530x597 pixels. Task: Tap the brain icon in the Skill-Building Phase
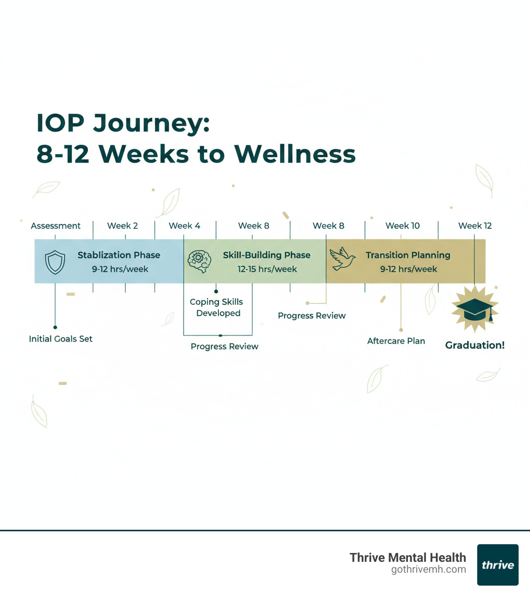pos(199,261)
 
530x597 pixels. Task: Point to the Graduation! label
pos(475,345)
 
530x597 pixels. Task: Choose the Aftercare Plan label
pos(396,341)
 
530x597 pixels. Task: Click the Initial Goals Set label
pos(61,339)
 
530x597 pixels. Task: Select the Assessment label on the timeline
pos(55,226)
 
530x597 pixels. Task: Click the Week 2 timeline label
pos(123,226)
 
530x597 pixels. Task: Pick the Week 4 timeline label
pos(184,226)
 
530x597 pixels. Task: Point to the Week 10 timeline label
pos(403,226)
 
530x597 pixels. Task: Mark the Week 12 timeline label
pos(475,226)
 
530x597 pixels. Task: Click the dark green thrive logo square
pos(497,564)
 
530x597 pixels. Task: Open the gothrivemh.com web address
pos(429,570)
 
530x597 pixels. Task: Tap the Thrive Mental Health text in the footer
pos(408,557)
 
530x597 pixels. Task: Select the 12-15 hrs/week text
pos(267,269)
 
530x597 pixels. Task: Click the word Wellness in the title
pos(295,154)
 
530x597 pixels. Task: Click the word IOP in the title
pos(61,124)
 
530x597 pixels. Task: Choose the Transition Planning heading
pos(408,255)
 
